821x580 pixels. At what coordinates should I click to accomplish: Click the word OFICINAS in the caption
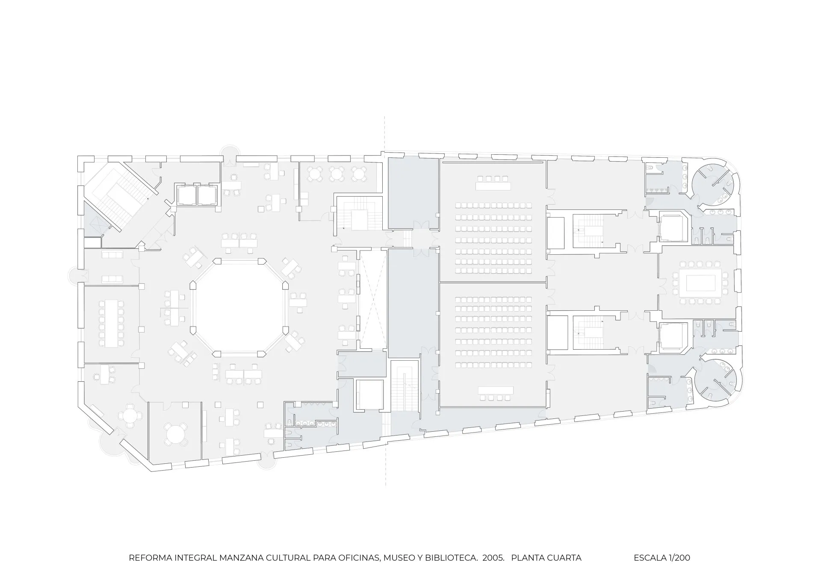pyautogui.click(x=360, y=558)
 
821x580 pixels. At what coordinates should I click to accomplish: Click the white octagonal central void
pyautogui.click(x=239, y=307)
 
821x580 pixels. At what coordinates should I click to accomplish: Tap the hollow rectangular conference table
pyautogui.click(x=700, y=283)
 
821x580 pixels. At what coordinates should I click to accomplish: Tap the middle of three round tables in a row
pyautogui.click(x=337, y=174)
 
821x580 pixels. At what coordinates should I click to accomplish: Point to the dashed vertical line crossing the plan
pyautogui.click(x=385, y=301)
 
